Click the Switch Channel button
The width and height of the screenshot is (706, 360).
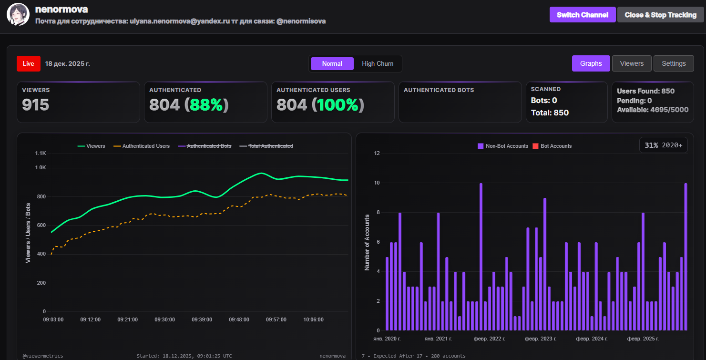coord(582,15)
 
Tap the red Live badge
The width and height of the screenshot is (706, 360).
coord(28,63)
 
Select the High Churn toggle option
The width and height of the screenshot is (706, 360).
coord(378,63)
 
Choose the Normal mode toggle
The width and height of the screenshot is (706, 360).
coord(332,63)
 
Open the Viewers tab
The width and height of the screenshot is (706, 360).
coord(632,63)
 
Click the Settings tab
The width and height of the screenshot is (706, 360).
coord(674,63)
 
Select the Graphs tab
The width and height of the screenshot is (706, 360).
coord(591,63)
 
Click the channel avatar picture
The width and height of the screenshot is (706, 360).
coord(18,15)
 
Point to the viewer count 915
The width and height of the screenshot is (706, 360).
coord(36,105)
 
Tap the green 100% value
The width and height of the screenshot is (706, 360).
coord(338,105)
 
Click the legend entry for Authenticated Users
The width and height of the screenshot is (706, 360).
coord(142,146)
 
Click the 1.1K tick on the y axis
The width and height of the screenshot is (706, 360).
coord(41,154)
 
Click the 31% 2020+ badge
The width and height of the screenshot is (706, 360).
coord(663,145)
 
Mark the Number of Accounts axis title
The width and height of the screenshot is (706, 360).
coord(367,242)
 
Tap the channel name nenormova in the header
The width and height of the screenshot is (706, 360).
coord(61,10)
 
